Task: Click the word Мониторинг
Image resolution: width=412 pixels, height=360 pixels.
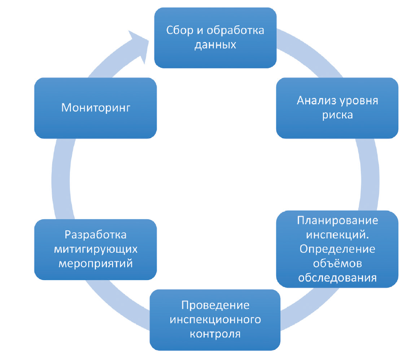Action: tap(95, 107)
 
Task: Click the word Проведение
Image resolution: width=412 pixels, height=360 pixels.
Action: tap(215, 306)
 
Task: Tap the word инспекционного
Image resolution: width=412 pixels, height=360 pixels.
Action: tap(215, 320)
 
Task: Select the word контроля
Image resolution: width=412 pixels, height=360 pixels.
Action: tap(215, 334)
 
